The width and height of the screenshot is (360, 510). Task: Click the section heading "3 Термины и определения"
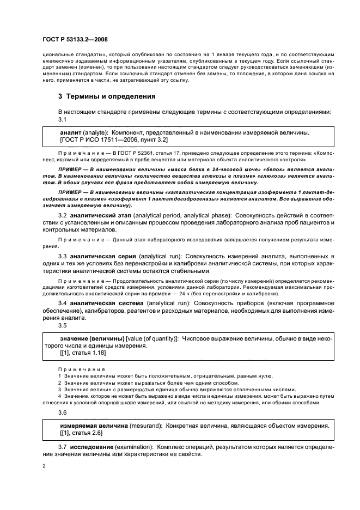tap(107, 96)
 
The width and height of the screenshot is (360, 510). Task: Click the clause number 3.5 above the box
tap(63, 325)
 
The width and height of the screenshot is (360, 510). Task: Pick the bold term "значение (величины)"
tap(91, 339)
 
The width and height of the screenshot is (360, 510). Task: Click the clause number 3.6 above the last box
tap(63, 414)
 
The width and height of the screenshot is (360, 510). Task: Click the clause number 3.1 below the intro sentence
tap(63, 119)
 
